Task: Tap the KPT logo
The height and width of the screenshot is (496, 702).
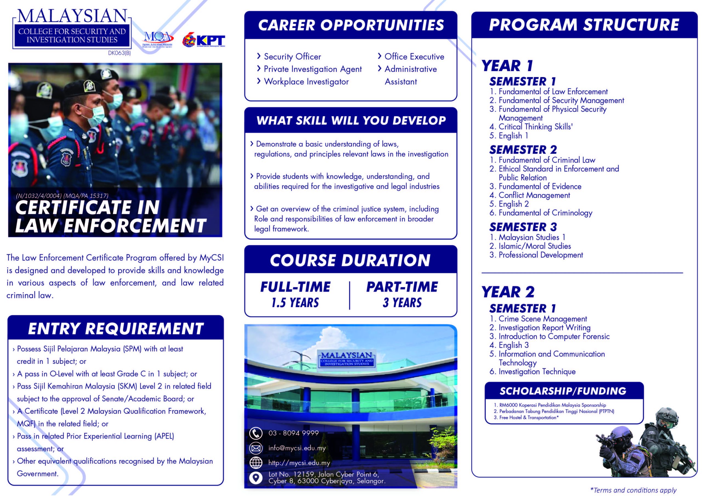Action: coord(204,41)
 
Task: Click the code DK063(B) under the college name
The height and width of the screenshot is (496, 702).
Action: coord(119,53)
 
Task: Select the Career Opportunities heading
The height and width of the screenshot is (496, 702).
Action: coord(351,25)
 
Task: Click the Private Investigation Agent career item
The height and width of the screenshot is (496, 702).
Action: coord(313,69)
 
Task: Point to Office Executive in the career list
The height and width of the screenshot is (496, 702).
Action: coord(414,56)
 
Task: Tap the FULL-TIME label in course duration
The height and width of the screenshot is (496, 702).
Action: coord(295,287)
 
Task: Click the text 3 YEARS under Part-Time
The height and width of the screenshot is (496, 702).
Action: coord(402,303)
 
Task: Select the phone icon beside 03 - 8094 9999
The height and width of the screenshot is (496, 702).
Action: coord(256,433)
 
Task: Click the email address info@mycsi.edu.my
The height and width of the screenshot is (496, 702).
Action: coord(297,448)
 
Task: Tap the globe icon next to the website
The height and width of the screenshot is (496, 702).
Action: coord(256,463)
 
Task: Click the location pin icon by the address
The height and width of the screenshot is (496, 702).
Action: coord(256,478)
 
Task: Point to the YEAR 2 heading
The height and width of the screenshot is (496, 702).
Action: coord(508,292)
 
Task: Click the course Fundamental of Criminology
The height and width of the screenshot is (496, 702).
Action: coord(545,213)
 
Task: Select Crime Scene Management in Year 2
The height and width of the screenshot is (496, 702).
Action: coord(542,319)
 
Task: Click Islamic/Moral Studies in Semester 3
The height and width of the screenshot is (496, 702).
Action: coord(534,246)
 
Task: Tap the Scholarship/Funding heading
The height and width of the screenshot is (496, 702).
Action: coord(563,391)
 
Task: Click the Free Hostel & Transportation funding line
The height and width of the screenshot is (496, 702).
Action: coord(529,417)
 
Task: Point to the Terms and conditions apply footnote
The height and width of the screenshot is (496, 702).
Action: coord(633,490)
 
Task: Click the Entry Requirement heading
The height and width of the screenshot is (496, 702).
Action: coord(115,329)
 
